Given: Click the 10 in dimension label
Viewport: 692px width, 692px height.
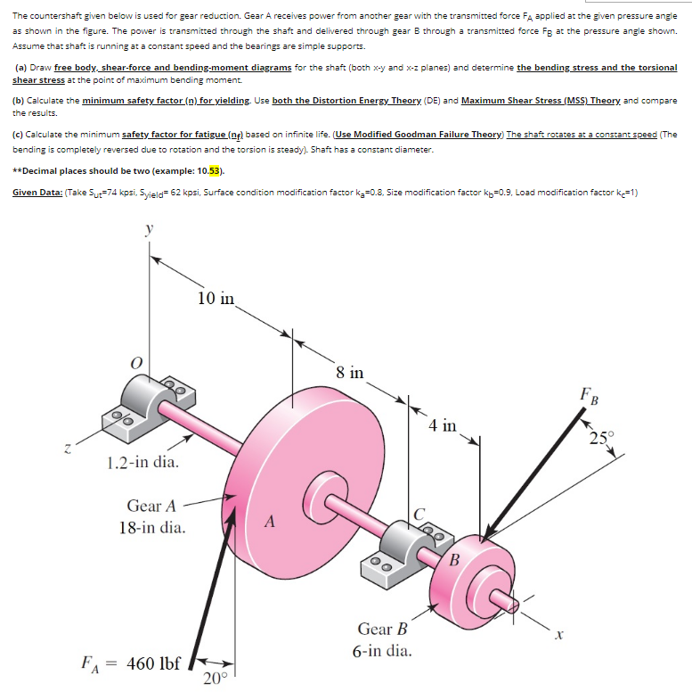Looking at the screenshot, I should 216,298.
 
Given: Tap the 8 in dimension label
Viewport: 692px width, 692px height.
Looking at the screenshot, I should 350,372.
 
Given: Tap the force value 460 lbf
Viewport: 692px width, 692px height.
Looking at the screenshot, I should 154,663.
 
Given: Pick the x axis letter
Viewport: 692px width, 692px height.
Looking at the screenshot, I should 560,635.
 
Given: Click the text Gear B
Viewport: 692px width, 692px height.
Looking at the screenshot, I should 382,629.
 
